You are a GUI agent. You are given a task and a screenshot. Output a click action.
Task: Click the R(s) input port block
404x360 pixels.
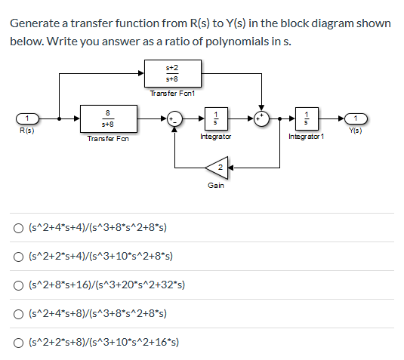27,118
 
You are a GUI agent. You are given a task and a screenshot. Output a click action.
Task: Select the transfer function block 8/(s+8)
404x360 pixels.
106,118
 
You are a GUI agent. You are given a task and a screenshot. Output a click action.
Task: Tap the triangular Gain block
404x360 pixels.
217,166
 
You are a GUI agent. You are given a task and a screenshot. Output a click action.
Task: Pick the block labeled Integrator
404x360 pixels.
216,118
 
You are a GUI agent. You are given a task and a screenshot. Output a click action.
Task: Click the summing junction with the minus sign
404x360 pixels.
174,118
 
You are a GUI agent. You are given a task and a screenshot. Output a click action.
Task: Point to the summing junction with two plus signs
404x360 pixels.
261,118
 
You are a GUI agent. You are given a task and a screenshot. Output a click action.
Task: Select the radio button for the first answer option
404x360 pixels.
17,227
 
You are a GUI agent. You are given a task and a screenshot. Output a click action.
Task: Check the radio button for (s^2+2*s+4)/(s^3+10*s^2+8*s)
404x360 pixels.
17,256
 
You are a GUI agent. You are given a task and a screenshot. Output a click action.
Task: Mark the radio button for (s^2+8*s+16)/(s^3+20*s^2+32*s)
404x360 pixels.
17,285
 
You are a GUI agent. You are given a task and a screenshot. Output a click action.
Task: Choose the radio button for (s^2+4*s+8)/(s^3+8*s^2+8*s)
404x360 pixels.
17,312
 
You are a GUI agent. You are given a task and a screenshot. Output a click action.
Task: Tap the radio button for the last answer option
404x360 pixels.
17,341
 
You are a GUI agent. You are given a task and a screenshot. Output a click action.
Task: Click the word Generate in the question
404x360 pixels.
35,23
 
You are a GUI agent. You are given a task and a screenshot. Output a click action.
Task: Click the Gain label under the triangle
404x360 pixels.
215,185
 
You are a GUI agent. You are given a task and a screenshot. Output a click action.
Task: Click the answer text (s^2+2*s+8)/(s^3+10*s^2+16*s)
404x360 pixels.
103,341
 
